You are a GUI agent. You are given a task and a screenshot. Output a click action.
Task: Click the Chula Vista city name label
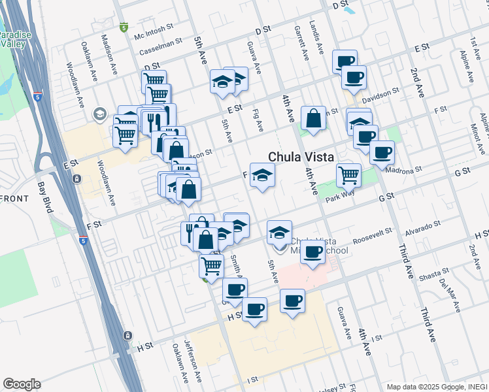click(x=301, y=157)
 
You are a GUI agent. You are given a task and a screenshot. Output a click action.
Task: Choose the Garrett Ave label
click(x=302, y=44)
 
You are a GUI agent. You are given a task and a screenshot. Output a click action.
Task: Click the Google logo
click(x=22, y=384)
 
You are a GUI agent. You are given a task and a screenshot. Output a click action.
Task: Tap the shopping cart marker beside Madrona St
click(x=348, y=174)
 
